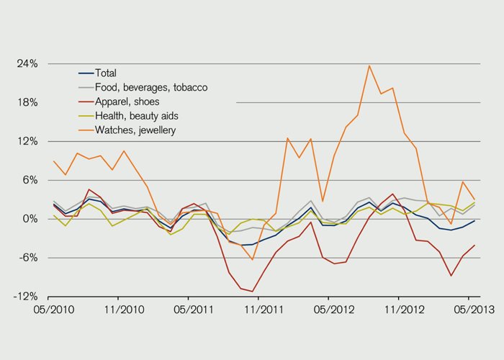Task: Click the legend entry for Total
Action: coord(106,73)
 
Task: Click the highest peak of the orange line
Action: coord(369,66)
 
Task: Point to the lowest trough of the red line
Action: coord(253,292)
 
